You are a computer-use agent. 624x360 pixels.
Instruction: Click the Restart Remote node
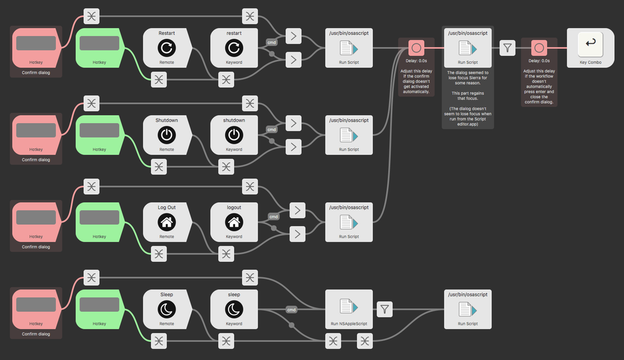[166, 48]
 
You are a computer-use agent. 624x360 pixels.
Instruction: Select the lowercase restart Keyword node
[233, 48]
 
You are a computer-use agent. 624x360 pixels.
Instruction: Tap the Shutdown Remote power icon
[166, 135]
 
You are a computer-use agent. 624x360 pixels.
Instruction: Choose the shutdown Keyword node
[233, 135]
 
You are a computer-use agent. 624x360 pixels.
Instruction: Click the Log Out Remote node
[166, 222]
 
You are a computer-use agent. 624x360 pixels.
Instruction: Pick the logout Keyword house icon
[233, 222]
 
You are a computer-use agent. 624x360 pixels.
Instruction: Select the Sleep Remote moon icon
[166, 309]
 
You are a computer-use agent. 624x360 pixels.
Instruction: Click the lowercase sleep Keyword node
[233, 309]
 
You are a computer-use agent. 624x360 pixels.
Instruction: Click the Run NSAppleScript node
[349, 309]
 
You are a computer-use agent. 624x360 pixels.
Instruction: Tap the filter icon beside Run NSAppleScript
[384, 309]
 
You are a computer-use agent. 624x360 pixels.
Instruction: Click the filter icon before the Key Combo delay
[507, 48]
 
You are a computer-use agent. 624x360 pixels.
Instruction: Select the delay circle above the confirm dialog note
[416, 48]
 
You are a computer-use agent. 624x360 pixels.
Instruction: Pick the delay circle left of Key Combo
[539, 48]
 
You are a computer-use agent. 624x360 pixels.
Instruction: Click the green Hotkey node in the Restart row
[99, 48]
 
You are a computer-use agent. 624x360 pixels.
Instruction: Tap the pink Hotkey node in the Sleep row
[36, 309]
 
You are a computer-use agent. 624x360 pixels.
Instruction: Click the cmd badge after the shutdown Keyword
[272, 129]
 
